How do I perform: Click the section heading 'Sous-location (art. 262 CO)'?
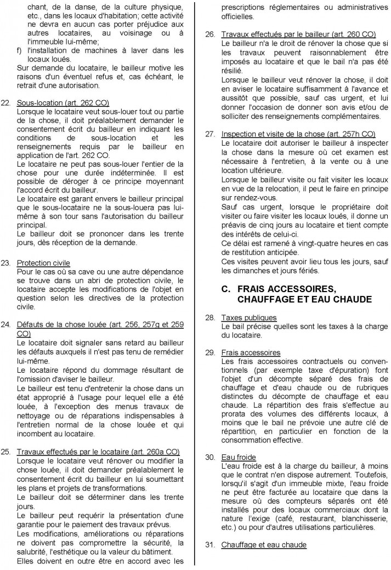point(63,102)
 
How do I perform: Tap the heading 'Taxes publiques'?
point(249,317)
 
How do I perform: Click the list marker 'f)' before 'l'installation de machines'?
point(20,50)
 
